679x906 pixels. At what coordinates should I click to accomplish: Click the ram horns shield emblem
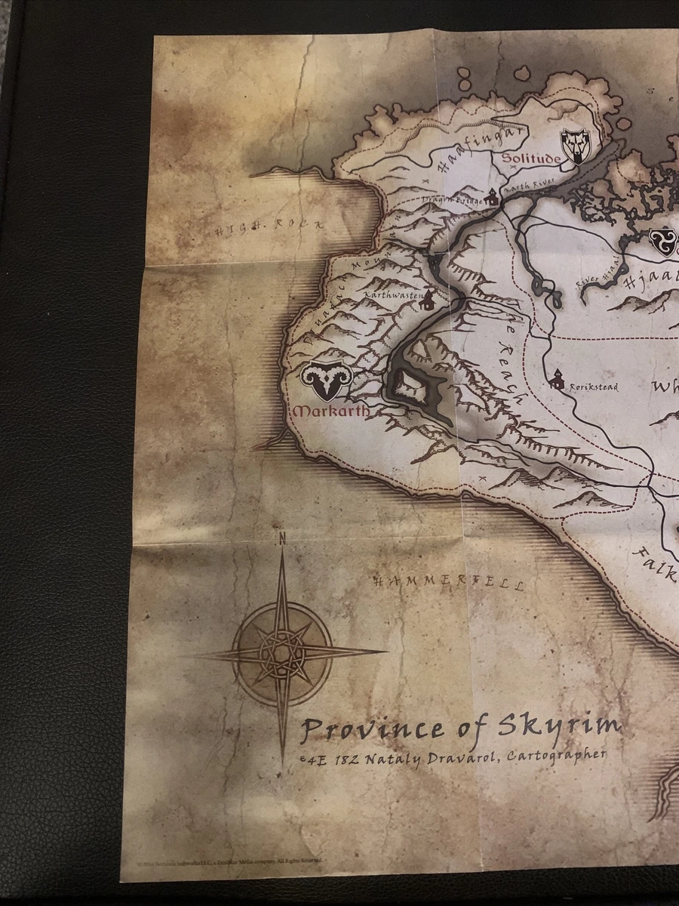pos(324,382)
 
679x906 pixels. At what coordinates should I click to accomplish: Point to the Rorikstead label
pos(594,387)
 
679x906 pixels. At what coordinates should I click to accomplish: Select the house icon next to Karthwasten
pos(429,300)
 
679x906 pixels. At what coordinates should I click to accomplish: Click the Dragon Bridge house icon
pos(492,198)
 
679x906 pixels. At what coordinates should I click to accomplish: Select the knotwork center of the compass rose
pos(282,652)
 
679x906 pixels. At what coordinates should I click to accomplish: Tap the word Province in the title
pos(373,730)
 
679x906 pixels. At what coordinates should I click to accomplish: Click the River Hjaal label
pos(593,278)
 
